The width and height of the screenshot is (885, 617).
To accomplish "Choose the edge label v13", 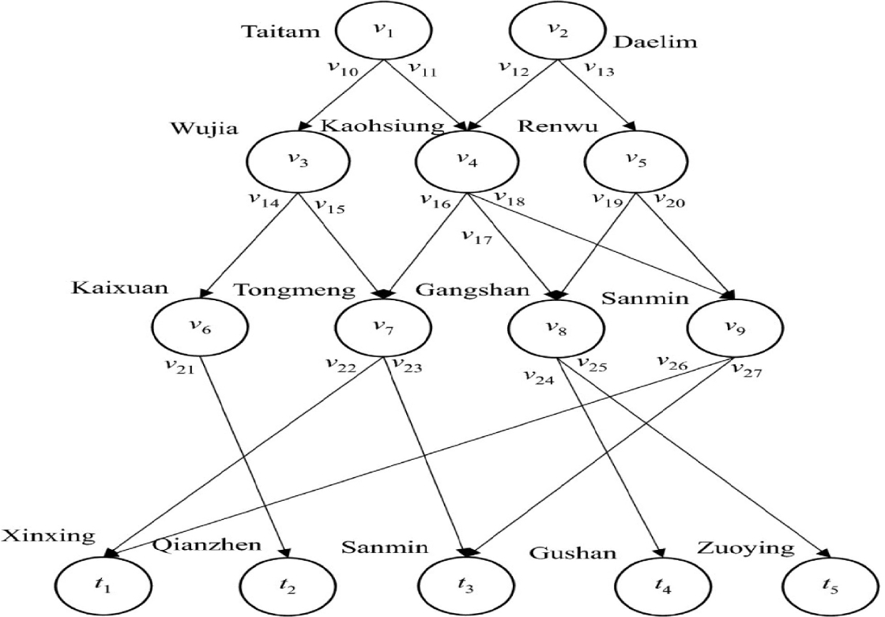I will coord(598,70).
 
